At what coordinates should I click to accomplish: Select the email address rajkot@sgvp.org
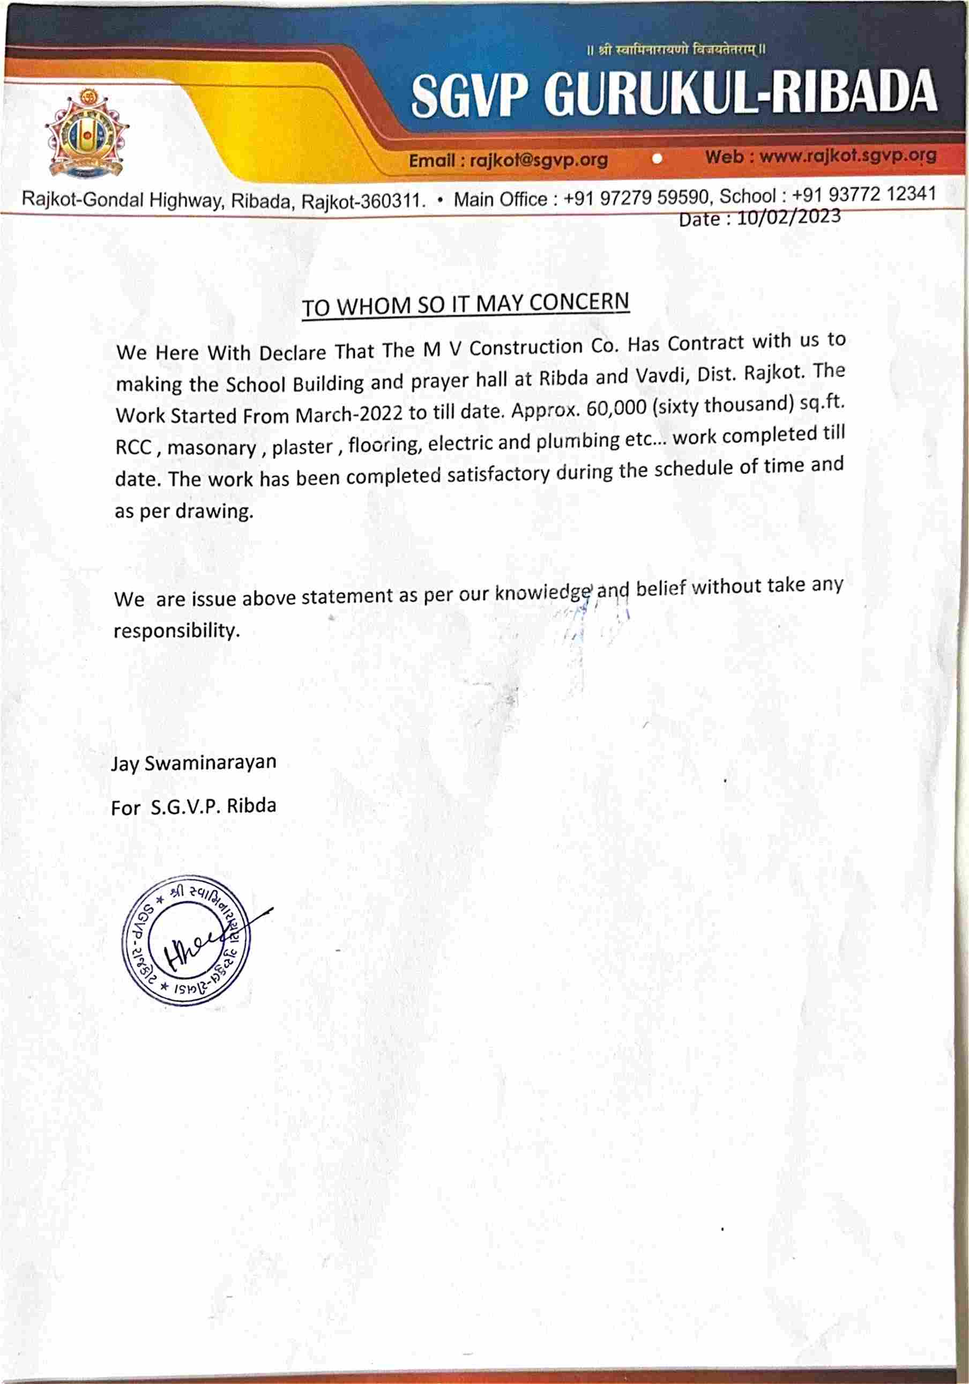[538, 160]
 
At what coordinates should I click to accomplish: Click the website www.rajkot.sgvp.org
[848, 156]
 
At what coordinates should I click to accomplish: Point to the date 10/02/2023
[788, 217]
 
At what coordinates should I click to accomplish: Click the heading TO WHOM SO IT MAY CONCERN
[465, 305]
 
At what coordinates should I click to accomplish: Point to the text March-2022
[349, 415]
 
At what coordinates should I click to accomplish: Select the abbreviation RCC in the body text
[133, 448]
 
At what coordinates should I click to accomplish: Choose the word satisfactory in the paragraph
[498, 475]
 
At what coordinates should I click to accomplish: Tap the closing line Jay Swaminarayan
[193, 763]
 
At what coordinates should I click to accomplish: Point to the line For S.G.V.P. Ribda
[193, 806]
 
